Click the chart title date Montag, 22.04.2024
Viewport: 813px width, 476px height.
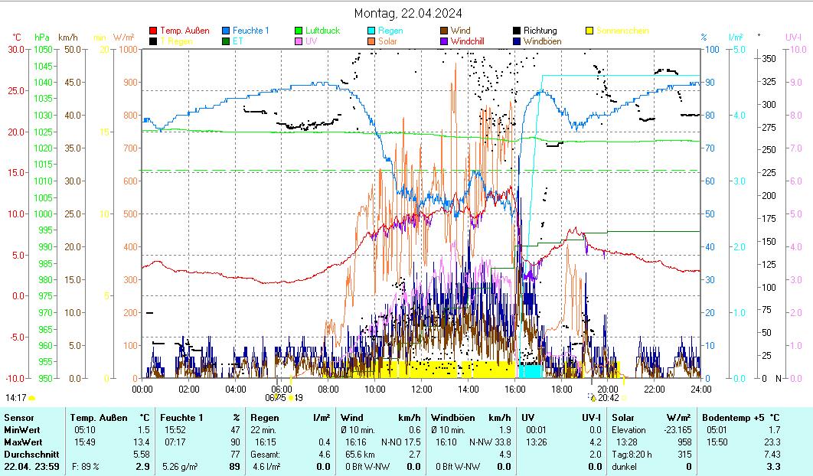408,13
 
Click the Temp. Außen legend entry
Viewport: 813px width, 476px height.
184,31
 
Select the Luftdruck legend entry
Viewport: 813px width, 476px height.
322,31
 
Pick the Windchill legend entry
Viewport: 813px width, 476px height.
472,41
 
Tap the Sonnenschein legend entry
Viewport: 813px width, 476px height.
622,31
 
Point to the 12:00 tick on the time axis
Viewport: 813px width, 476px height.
422,389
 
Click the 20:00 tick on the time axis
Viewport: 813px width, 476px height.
608,389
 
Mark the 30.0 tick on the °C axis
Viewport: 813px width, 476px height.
17,50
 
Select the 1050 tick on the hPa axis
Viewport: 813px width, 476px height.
42,50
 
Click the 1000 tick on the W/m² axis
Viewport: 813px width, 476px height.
129,50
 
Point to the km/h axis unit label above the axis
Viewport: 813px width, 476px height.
68,37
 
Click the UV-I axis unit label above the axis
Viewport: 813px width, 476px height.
793,37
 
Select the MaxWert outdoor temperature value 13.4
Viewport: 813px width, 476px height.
142,442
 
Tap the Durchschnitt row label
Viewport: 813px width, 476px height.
30,455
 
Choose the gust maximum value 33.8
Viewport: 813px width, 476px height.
501,442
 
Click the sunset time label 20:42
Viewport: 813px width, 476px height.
609,398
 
